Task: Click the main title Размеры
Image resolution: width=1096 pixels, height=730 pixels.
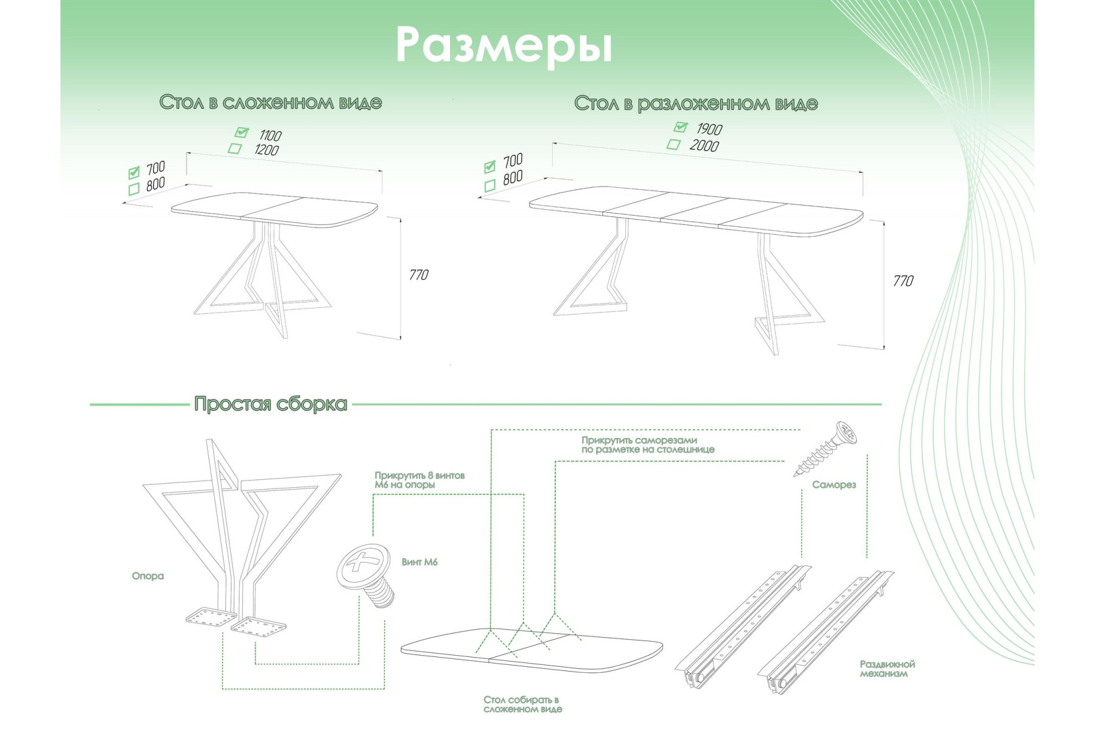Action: coord(504,46)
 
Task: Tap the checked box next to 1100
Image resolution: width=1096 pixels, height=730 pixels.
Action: coord(242,132)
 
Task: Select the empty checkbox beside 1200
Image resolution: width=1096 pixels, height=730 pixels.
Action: coord(234,148)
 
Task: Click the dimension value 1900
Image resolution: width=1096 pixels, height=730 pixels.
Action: coord(709,129)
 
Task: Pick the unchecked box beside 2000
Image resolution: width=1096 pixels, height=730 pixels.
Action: coord(673,144)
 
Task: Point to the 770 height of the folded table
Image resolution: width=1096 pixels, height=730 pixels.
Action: coord(418,275)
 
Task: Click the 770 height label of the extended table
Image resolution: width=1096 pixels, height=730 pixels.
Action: coord(903,281)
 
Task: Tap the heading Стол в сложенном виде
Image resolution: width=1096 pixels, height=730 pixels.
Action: coord(270,102)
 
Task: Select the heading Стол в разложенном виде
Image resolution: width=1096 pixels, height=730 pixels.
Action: coord(695,103)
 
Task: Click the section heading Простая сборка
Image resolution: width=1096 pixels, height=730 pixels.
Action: coord(270,404)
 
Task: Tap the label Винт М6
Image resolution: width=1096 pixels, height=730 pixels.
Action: coord(420,562)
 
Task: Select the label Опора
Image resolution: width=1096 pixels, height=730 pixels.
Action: coord(147,575)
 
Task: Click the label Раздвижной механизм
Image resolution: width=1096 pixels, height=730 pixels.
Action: coord(887,669)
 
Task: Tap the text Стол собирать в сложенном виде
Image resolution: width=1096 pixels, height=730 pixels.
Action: coord(522,704)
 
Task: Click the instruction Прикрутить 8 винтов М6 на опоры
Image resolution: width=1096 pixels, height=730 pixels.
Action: coord(419,480)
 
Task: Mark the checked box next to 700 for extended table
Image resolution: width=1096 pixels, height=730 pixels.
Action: coord(490,166)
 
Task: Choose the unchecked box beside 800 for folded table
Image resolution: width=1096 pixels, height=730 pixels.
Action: coord(134,189)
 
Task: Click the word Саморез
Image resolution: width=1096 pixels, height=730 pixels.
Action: coord(834,485)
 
